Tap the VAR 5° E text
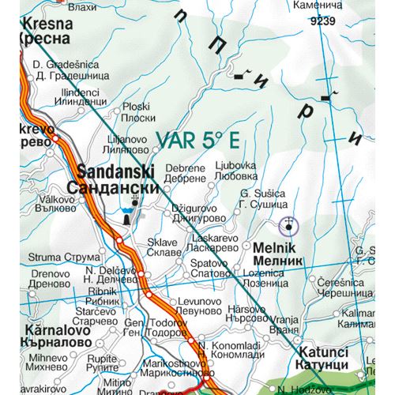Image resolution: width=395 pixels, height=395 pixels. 197,140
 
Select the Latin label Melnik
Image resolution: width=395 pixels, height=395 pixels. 275,247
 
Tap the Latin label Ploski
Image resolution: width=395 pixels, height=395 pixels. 137,106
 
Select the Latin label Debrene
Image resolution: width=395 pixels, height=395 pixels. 184,168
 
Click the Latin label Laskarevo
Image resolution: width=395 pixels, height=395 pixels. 235,236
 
